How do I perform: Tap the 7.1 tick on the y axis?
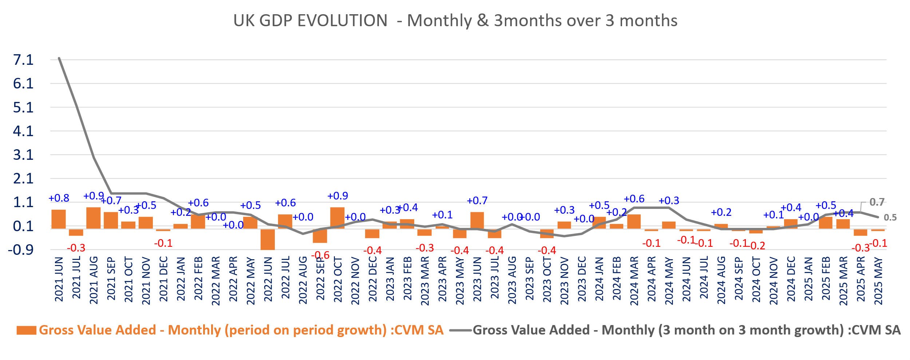point(23,60)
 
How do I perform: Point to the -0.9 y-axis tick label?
point(21,250)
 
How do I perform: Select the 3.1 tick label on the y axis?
point(23,155)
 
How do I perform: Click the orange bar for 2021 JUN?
point(59,219)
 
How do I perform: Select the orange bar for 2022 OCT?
point(337,218)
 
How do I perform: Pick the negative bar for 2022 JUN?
point(268,239)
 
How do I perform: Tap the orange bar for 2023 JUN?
point(477,220)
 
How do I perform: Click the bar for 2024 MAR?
point(634,221)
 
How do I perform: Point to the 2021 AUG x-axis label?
point(94,280)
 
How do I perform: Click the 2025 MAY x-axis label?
point(878,281)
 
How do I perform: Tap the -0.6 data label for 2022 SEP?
point(320,255)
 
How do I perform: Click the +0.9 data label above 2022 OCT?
point(337,196)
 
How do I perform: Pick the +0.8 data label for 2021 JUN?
point(59,198)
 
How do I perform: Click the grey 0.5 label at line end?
point(890,218)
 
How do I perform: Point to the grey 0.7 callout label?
point(877,202)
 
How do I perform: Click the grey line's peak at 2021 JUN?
point(59,58)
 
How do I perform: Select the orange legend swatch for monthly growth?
point(26,330)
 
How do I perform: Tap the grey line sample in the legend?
point(460,331)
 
